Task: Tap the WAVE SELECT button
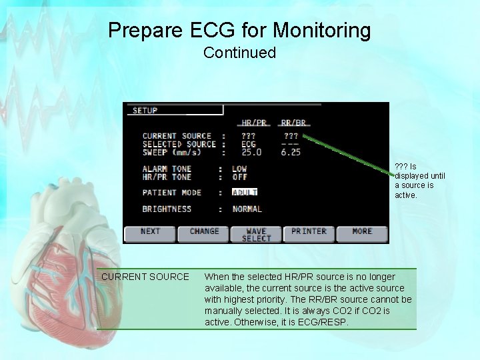(257, 234)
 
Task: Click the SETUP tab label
(145, 110)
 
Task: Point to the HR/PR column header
(254, 123)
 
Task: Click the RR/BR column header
(293, 123)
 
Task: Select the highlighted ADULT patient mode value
(245, 193)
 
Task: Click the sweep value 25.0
(251, 152)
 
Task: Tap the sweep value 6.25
(291, 152)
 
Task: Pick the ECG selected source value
(248, 144)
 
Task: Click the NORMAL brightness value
(247, 209)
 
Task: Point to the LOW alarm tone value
(239, 169)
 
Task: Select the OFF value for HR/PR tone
(239, 177)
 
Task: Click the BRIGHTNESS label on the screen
(167, 209)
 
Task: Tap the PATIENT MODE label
(172, 193)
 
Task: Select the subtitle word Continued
(239, 53)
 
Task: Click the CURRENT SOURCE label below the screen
(145, 277)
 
